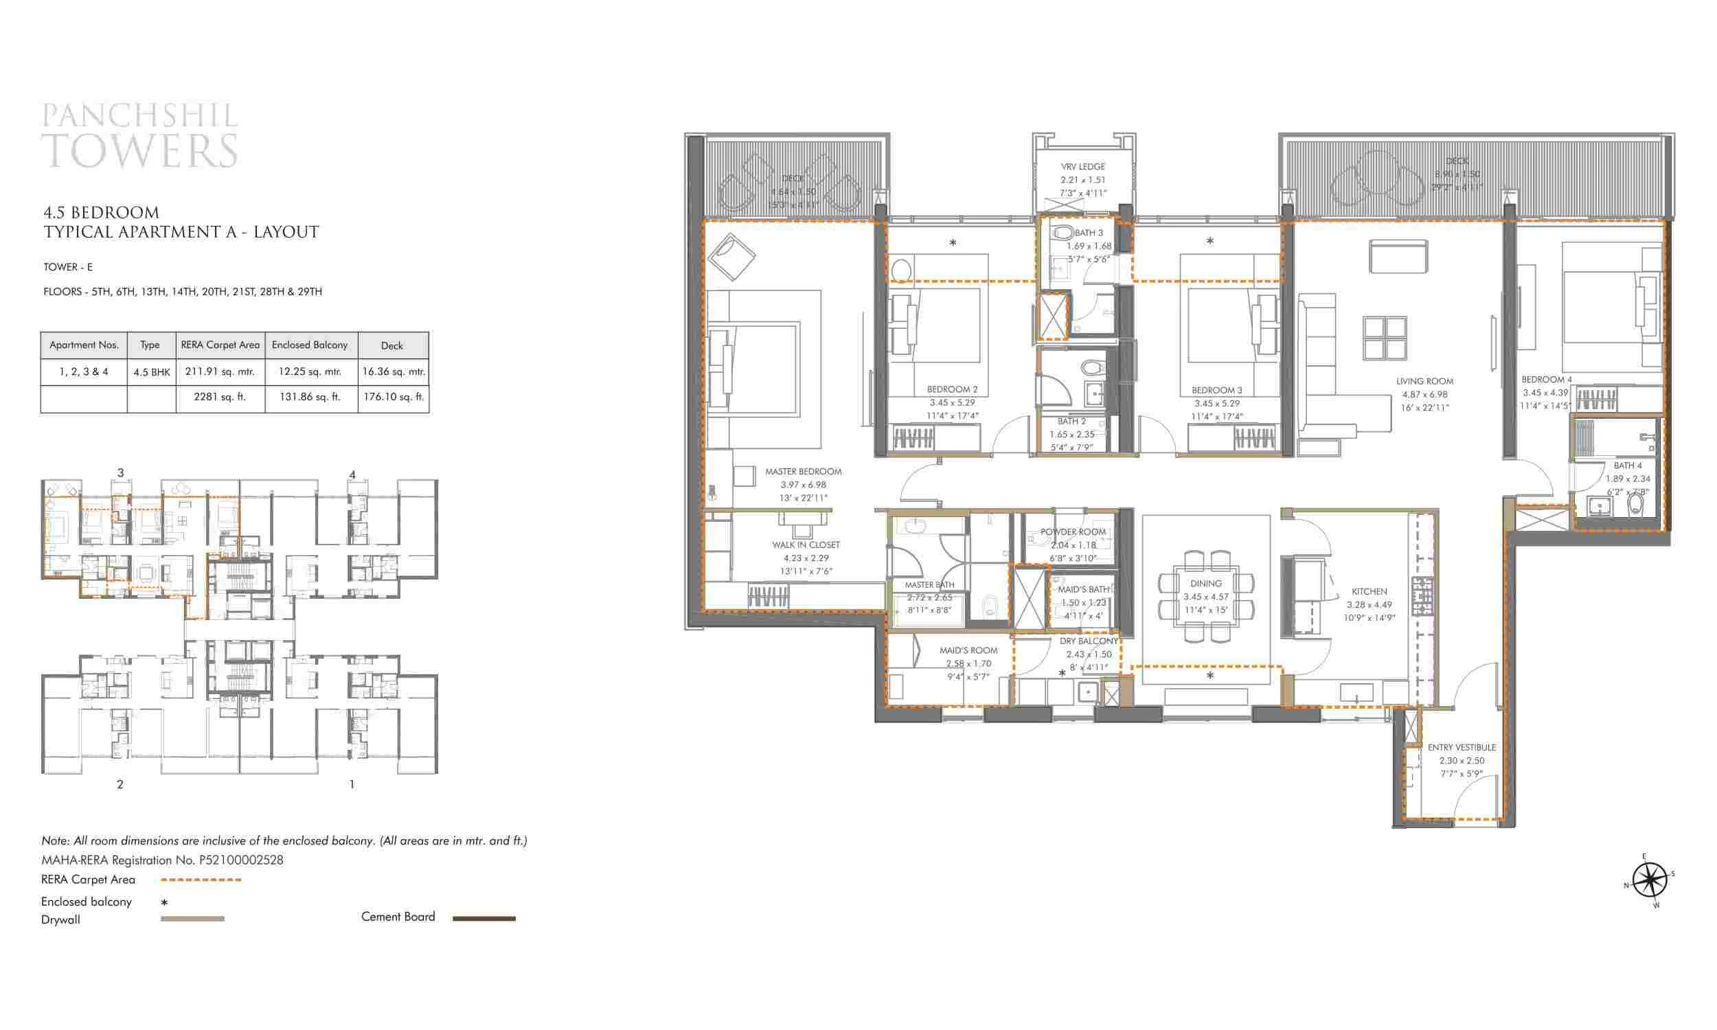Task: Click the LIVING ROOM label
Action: [1424, 381]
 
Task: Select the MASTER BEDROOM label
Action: [803, 471]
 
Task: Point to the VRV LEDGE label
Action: [1082, 167]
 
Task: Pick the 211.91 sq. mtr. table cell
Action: [220, 371]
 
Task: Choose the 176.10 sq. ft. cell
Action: [393, 397]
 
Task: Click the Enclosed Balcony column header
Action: [310, 345]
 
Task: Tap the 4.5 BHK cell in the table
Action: [151, 372]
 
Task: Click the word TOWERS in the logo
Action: [140, 150]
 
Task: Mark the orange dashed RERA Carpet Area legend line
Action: [201, 880]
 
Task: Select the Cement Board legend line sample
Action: [484, 918]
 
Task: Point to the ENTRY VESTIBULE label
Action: [1462, 748]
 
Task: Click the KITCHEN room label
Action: [1369, 591]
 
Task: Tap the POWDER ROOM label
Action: [1072, 531]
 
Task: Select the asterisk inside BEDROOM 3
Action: [1209, 242]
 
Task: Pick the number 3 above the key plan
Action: [120, 472]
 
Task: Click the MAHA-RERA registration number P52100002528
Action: [241, 860]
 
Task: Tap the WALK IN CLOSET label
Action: [806, 545]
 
